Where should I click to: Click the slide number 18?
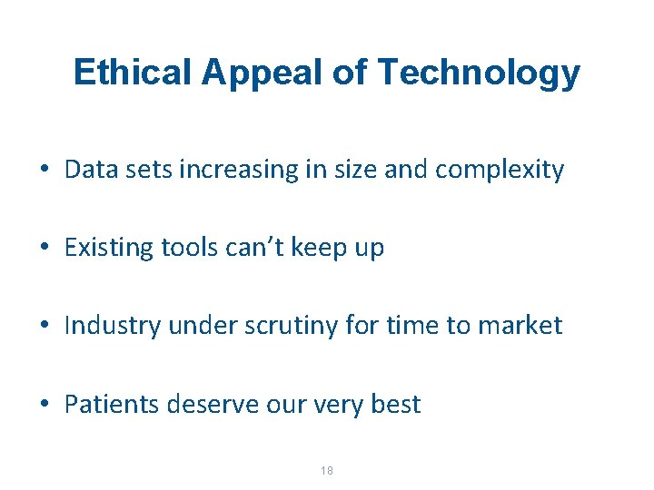coord(327,470)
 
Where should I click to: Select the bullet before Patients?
coord(44,405)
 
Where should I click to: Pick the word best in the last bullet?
coord(395,404)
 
